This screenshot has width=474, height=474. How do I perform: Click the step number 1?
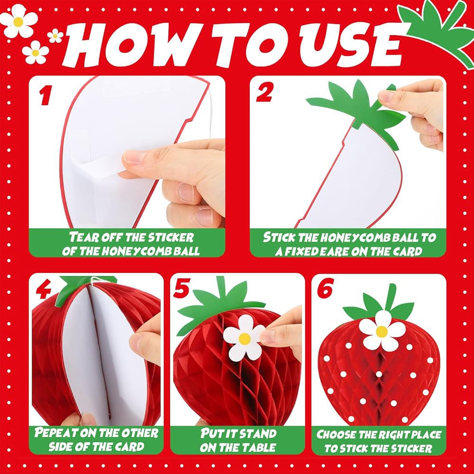[x=45, y=95]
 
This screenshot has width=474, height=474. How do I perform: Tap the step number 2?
[x=264, y=92]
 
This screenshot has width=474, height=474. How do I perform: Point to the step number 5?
[x=181, y=287]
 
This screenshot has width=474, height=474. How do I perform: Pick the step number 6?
[x=325, y=288]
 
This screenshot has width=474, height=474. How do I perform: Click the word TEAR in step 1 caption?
[x=81, y=237]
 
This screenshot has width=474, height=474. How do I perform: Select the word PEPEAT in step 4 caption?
[x=55, y=433]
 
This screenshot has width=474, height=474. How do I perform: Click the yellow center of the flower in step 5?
[x=244, y=338]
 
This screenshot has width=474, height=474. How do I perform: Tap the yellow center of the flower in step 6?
[x=382, y=332]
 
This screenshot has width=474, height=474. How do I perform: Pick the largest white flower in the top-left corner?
[x=19, y=21]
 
